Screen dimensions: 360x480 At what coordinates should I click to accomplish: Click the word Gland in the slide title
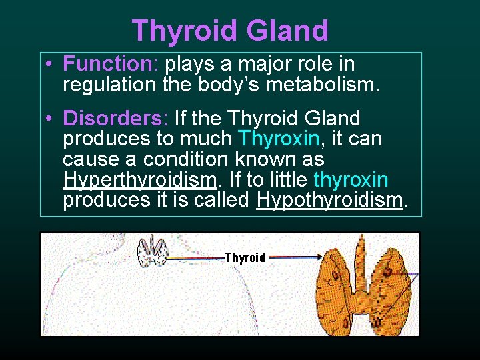[287, 31]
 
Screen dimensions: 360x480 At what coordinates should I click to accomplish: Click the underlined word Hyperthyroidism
[141, 181]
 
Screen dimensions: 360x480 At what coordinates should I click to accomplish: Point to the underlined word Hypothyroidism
[330, 200]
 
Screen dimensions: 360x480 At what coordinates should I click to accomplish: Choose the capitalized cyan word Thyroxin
[279, 139]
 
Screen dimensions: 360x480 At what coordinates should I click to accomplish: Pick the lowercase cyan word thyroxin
[351, 181]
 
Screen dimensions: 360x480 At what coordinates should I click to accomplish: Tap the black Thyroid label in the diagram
[245, 258]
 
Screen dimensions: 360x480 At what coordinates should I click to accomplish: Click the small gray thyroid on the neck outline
[152, 252]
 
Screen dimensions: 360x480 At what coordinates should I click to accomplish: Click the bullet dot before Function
[50, 65]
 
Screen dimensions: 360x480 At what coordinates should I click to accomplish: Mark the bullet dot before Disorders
[50, 119]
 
